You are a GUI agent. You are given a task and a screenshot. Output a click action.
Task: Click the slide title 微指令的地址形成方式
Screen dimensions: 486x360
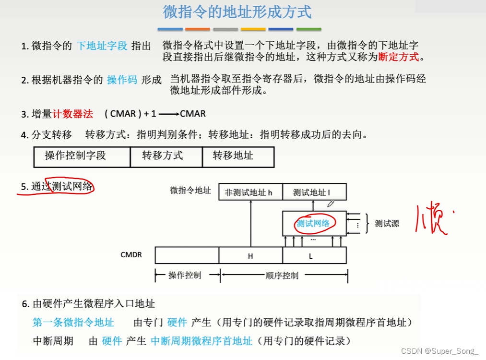(x=237, y=12)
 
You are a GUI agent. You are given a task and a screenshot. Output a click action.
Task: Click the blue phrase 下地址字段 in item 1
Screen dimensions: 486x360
(x=102, y=46)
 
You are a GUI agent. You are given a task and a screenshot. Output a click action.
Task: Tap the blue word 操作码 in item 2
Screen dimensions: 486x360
(x=122, y=80)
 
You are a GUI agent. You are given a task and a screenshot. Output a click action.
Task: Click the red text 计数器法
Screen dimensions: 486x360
(x=73, y=114)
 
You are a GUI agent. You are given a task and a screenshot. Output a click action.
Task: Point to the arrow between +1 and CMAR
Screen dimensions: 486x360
(x=168, y=114)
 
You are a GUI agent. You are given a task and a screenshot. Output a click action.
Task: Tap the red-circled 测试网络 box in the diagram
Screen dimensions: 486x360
(x=314, y=223)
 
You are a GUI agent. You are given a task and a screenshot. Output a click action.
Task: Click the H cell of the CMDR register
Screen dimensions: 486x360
(x=250, y=256)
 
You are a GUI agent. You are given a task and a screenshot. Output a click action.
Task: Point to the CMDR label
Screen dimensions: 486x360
(x=131, y=254)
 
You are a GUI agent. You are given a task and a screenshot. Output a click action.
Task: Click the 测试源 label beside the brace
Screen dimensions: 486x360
(x=387, y=224)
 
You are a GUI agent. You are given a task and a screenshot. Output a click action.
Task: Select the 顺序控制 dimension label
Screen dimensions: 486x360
(x=282, y=276)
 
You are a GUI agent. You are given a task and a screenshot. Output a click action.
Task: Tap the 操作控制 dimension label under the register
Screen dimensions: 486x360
(x=185, y=276)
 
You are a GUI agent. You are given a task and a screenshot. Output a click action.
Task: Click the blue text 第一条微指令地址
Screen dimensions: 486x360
(x=73, y=322)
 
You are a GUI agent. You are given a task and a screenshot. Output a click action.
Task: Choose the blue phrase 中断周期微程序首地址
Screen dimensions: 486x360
(x=202, y=341)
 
